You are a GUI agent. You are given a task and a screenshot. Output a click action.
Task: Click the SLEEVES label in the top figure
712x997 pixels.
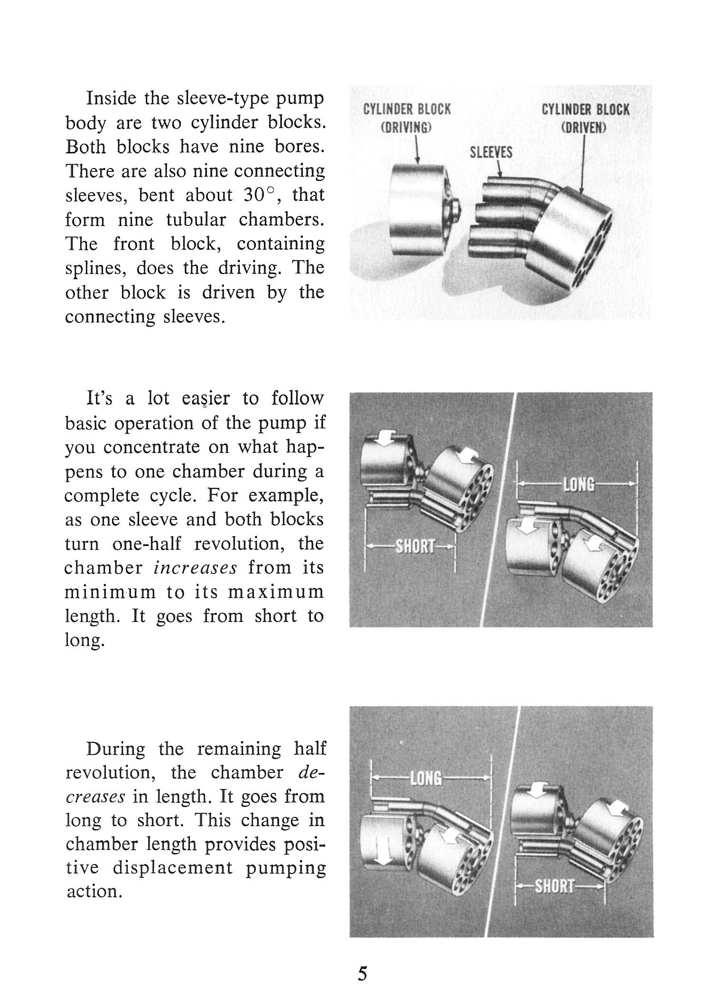491,152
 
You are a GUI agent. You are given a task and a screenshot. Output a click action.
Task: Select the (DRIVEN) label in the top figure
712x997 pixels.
584,128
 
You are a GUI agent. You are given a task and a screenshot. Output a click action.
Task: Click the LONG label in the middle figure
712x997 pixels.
578,485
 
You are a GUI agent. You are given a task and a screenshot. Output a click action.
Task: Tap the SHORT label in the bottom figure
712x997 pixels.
554,886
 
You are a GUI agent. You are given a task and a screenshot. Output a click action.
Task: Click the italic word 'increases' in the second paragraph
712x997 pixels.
196,568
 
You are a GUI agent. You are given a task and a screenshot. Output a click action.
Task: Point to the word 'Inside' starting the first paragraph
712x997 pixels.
111,98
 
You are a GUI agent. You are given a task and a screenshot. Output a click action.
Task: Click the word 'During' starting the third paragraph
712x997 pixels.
116,749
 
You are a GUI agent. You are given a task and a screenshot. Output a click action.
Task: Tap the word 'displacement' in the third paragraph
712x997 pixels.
173,868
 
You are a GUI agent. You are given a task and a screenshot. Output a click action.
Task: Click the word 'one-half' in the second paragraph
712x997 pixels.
147,544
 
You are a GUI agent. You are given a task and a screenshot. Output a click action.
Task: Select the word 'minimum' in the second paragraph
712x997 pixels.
110,592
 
